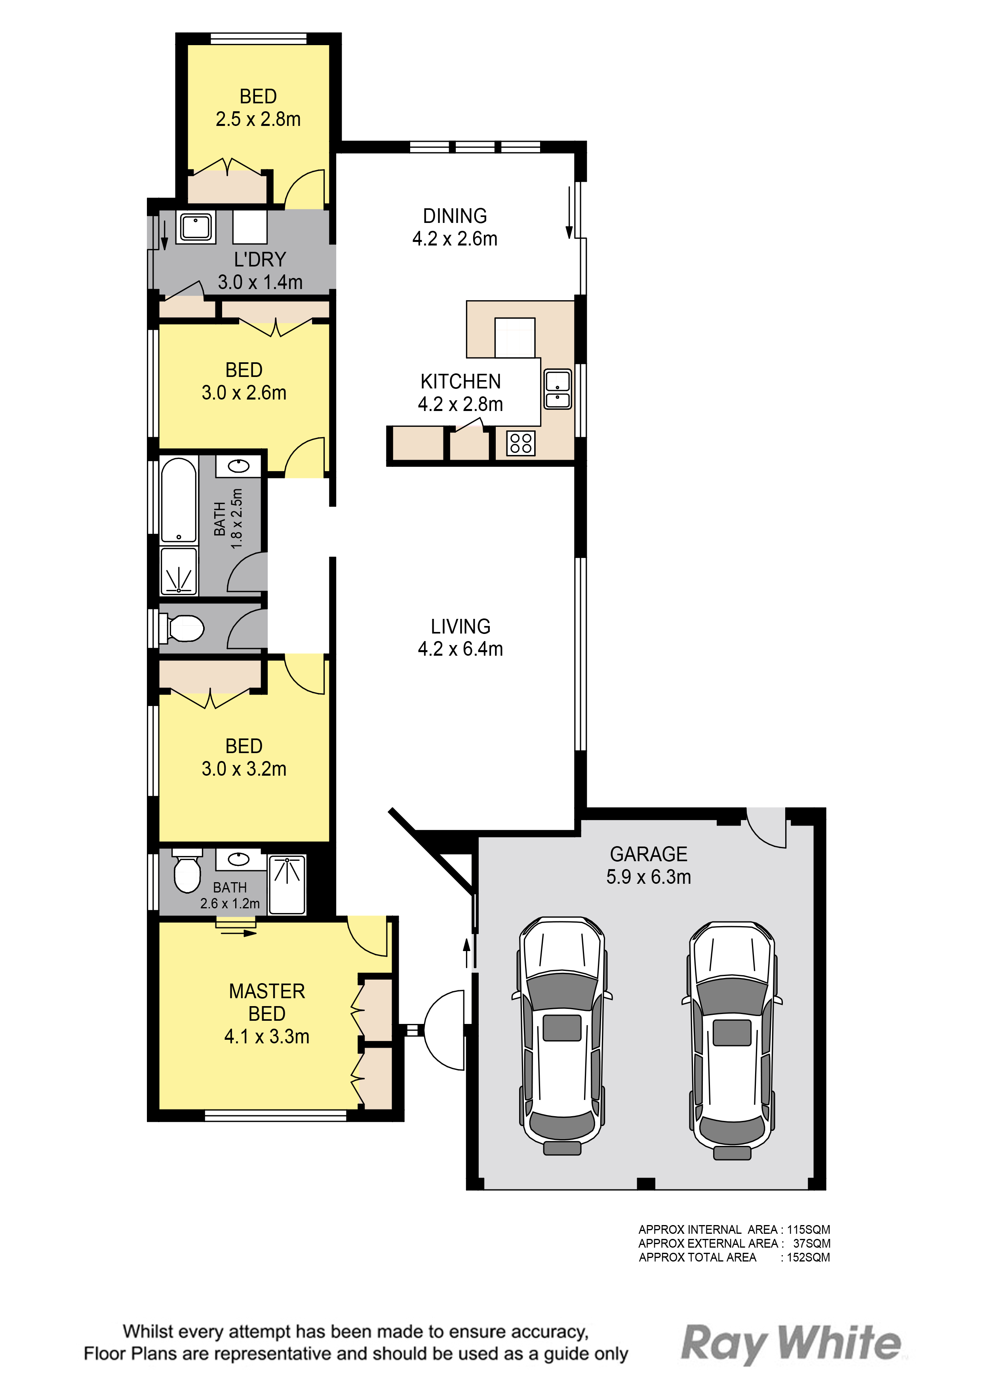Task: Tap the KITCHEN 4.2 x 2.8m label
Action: point(461,393)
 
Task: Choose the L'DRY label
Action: point(260,259)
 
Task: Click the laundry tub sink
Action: point(196,227)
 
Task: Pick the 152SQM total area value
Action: point(808,1257)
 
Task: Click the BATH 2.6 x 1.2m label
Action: point(230,895)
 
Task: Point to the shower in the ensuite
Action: point(287,884)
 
